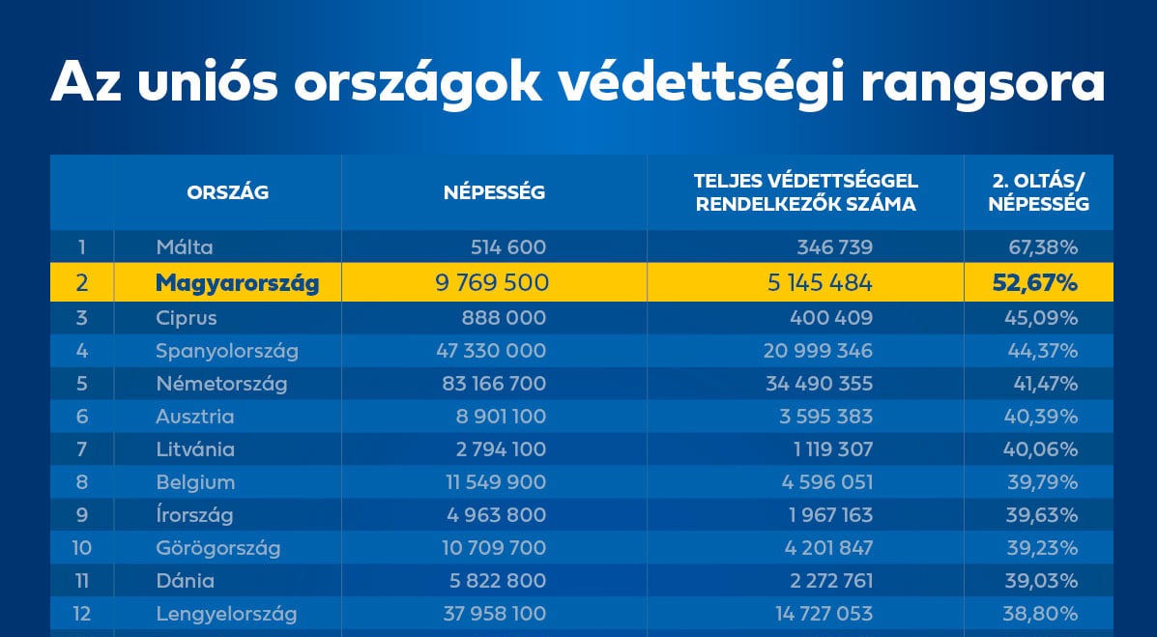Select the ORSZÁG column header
click(x=227, y=192)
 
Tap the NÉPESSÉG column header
click(x=494, y=192)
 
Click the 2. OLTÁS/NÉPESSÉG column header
click(x=1039, y=192)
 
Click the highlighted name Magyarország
click(x=237, y=283)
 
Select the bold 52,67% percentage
click(x=1034, y=283)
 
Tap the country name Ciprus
click(x=187, y=318)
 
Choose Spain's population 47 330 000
click(x=491, y=351)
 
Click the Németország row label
click(x=221, y=384)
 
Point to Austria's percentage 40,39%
click(x=1042, y=417)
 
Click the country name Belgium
click(x=195, y=482)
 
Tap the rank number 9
click(x=81, y=515)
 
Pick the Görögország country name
click(x=217, y=548)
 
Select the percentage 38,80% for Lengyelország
click(x=1042, y=614)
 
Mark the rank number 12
click(x=81, y=614)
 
